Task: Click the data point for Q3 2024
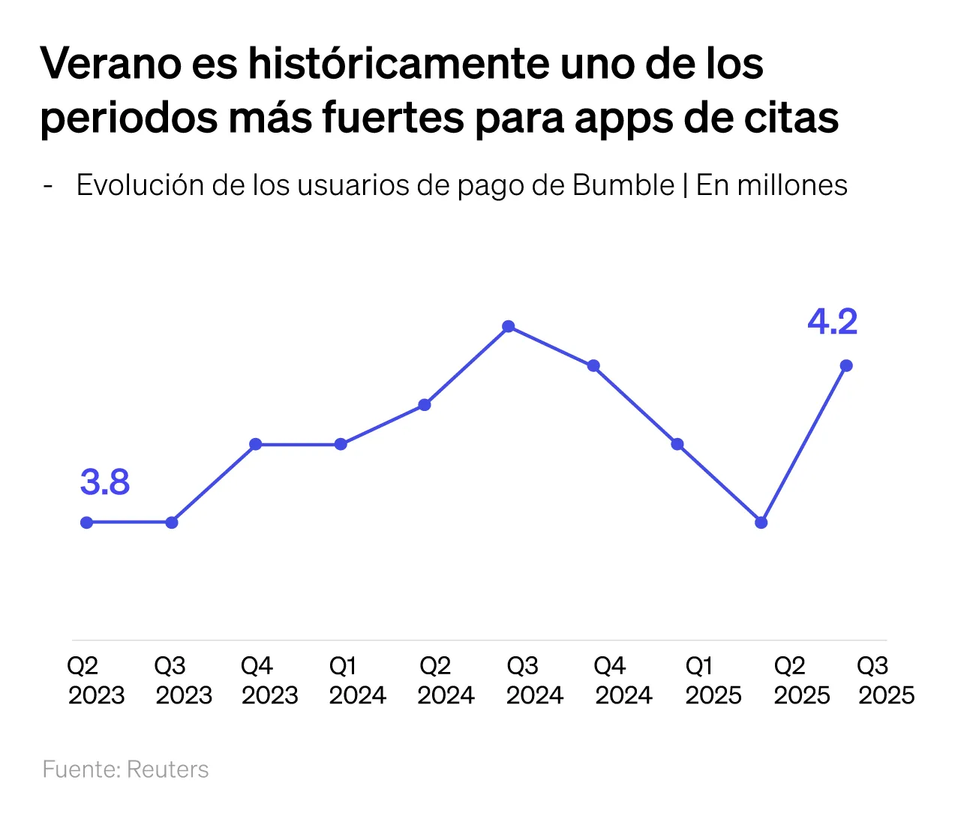pos(509,326)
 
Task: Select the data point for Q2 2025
pos(761,522)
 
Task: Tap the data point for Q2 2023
pos(87,522)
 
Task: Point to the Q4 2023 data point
pos(256,444)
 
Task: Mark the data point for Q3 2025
pos(846,365)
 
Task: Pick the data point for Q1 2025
pos(677,444)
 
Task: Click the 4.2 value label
pos(832,322)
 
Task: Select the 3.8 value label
pos(105,482)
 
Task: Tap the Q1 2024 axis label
pos(357,680)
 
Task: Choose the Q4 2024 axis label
pos(623,680)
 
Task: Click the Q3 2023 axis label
pos(184,680)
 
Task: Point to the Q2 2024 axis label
pos(446,680)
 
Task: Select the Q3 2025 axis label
pos(886,680)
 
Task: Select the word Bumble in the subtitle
pos(623,185)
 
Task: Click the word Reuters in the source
pos(167,769)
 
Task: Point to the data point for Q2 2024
pos(425,405)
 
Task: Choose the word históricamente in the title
pos(398,64)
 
